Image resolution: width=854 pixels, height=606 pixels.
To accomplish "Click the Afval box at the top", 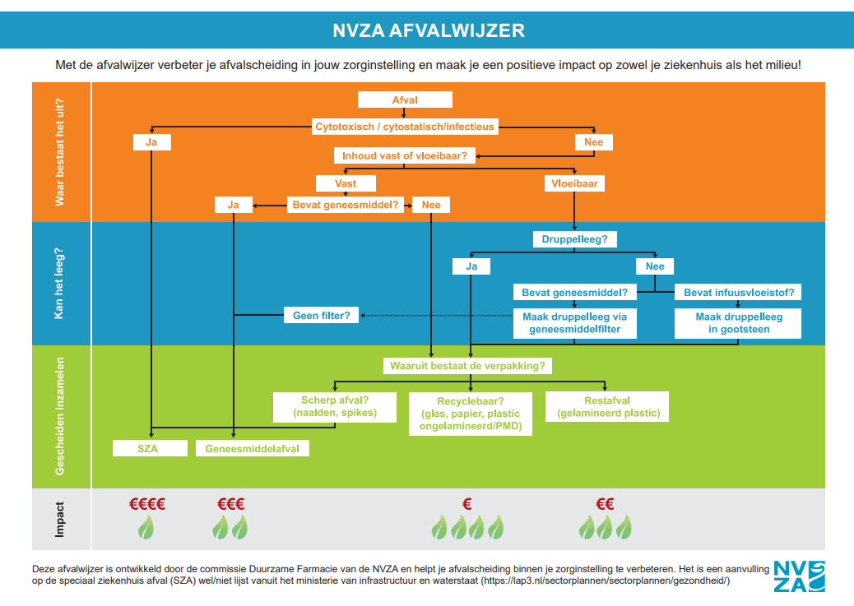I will pyautogui.click(x=405, y=99).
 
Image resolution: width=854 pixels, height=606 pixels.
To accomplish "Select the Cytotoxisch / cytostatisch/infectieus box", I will pyautogui.click(x=405, y=127).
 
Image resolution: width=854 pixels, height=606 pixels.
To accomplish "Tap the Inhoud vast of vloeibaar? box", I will pyautogui.click(x=405, y=155).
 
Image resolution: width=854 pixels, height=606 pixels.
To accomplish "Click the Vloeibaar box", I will pyautogui.click(x=573, y=183).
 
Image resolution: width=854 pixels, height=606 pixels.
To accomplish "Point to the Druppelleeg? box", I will pyautogui.click(x=573, y=239).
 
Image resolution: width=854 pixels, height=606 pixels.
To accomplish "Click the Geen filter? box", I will pyautogui.click(x=321, y=315).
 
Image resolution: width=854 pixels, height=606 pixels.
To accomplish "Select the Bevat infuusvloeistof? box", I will pyautogui.click(x=738, y=292).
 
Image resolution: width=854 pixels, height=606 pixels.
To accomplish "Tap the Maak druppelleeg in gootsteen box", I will pyautogui.click(x=738, y=323).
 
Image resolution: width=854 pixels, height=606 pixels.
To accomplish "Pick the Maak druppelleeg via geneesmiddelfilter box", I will pyautogui.click(x=574, y=323).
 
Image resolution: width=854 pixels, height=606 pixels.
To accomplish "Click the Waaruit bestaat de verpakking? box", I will pyautogui.click(x=468, y=365).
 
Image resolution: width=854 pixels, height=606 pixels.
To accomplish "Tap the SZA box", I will pyautogui.click(x=148, y=448).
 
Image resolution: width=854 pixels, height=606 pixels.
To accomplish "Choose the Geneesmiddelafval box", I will pyautogui.click(x=252, y=448).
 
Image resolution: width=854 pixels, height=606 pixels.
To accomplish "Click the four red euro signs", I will pyautogui.click(x=147, y=504).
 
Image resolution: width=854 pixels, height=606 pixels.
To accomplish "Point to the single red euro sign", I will pyautogui.click(x=466, y=504).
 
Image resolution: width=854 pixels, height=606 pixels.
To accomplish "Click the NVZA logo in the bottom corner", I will pyautogui.click(x=799, y=576).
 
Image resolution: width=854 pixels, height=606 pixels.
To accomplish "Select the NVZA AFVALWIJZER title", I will pyautogui.click(x=428, y=30).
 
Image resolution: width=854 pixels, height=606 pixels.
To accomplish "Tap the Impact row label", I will pyautogui.click(x=60, y=520).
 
